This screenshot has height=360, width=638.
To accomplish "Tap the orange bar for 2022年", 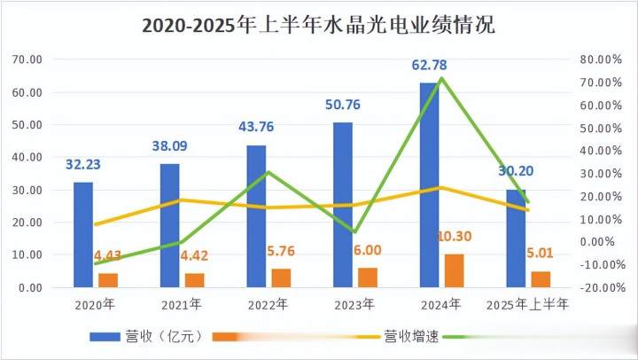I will [280, 278].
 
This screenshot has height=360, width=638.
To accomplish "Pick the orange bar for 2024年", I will [454, 270].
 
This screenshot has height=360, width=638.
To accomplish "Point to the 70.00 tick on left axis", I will [28, 59].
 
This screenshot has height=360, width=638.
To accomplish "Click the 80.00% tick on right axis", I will [595, 59].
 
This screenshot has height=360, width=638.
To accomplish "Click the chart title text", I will [319, 24].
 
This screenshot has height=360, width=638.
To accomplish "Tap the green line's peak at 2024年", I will [440, 79].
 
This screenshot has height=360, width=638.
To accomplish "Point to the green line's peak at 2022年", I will [268, 172].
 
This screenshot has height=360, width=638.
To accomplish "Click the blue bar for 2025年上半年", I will [515, 239].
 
